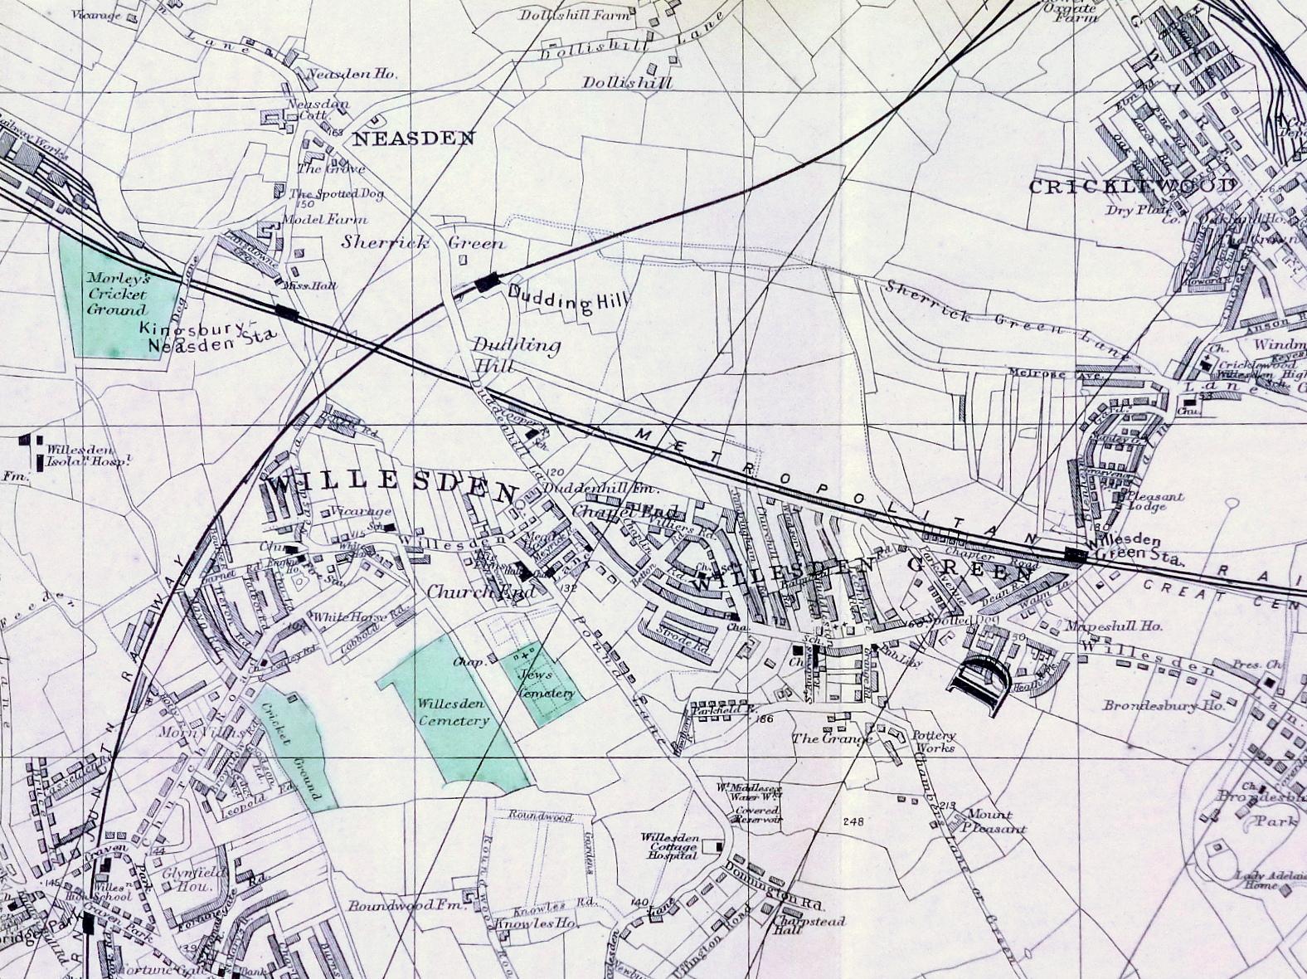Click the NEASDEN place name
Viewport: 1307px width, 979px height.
414,139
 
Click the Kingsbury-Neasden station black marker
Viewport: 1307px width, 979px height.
287,312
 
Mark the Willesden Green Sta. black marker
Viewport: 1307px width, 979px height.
1076,556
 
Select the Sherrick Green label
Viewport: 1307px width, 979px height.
423,243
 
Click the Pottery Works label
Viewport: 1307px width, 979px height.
934,741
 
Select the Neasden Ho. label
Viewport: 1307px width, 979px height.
352,74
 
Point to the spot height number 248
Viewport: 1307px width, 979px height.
853,821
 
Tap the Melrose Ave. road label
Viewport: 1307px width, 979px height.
1043,374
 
